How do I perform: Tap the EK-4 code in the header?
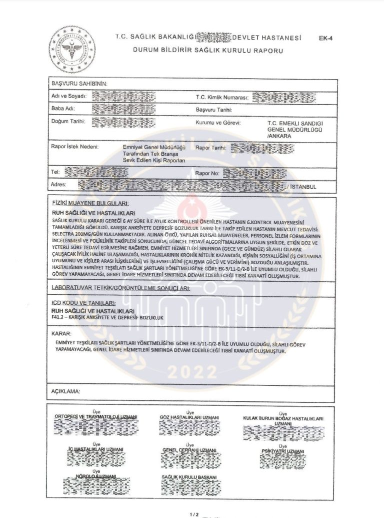point(325,38)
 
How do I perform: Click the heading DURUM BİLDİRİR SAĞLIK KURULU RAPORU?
point(208,51)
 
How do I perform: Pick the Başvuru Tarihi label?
point(214,109)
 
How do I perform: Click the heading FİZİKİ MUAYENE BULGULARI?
point(90,204)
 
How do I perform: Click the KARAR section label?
point(61,333)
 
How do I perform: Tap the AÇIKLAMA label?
point(65,390)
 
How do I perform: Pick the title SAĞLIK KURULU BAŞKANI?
point(189,478)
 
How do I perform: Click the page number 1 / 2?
point(194,514)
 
